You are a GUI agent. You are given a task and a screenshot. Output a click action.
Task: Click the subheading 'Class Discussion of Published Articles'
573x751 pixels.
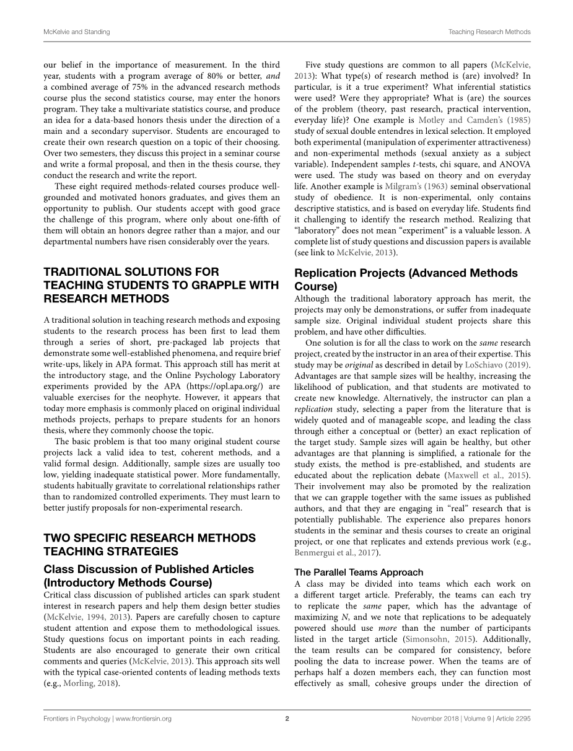pos(149,569)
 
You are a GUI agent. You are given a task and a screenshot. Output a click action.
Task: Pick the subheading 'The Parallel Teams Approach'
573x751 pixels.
pos(359,572)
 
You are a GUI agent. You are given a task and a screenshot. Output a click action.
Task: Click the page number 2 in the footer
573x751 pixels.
pos(287,719)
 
